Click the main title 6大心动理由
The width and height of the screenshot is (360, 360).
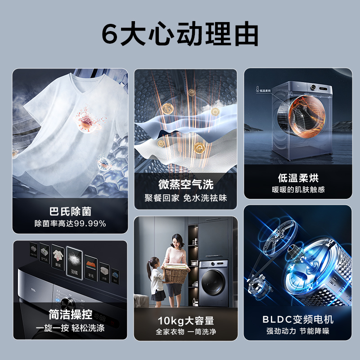(x=180, y=35)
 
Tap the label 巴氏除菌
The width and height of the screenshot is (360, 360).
(x=70, y=211)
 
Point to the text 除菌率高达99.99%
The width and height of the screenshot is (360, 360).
(x=70, y=223)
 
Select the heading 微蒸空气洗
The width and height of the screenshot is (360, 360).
(x=185, y=184)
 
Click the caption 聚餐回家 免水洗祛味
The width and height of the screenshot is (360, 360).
(x=185, y=198)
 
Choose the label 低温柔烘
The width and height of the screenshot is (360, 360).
(x=298, y=178)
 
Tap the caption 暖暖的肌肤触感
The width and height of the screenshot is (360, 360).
(x=298, y=189)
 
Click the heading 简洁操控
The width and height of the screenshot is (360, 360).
(x=70, y=314)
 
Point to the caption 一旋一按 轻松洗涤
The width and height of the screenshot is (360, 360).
(x=70, y=328)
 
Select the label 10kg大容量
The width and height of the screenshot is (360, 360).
(x=185, y=320)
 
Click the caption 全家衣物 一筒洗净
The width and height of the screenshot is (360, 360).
(x=185, y=332)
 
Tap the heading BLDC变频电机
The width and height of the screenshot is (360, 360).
(x=298, y=319)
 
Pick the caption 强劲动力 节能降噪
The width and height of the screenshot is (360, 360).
(x=298, y=332)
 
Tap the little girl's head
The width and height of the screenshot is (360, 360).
(x=153, y=263)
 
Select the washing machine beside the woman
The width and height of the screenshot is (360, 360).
(x=212, y=281)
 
